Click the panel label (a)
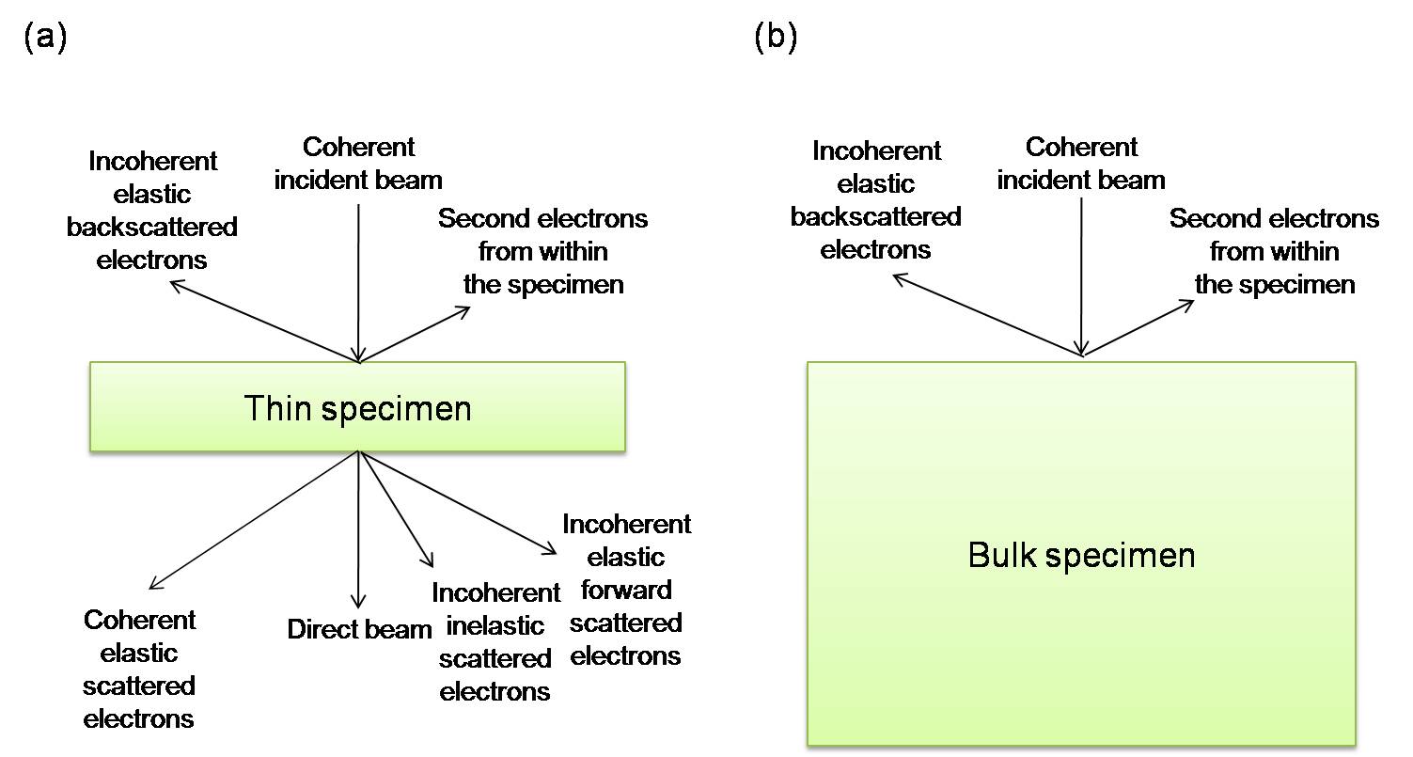[44, 39]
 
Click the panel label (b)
[776, 39]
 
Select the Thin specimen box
[357, 407]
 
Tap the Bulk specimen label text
[1081, 555]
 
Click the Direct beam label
[359, 629]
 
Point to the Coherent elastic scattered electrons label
[139, 670]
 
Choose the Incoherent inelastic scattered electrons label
[495, 642]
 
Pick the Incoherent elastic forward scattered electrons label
[626, 590]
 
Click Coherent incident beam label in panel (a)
[358, 163]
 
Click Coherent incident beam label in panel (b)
[1081, 163]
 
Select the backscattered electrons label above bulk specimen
[875, 199]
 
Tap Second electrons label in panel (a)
[543, 251]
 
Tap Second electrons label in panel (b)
[1274, 251]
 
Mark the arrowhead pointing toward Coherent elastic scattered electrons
[153, 586]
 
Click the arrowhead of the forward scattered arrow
[553, 550]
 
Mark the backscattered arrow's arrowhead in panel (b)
[897, 276]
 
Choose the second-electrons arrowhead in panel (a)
[464, 309]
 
